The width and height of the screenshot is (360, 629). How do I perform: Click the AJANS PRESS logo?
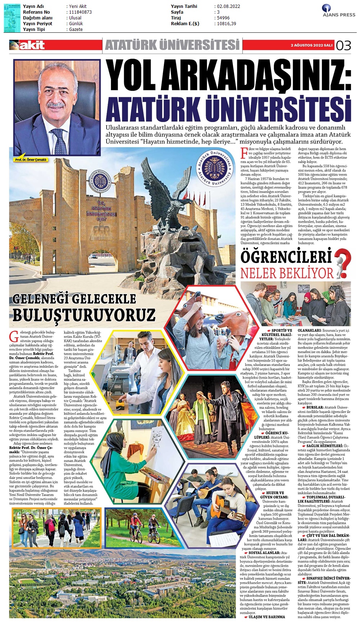coord(338,11)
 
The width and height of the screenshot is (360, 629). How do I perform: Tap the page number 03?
coord(343,46)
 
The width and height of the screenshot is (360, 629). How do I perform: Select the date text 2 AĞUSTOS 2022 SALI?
coord(311,45)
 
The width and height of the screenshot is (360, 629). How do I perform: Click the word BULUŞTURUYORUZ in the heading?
coord(84,315)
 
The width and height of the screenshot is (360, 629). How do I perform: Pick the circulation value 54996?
coord(223,18)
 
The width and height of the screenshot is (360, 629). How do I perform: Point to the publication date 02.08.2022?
coord(228,6)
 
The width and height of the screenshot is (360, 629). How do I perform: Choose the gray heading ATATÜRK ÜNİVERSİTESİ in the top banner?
coord(172,45)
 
